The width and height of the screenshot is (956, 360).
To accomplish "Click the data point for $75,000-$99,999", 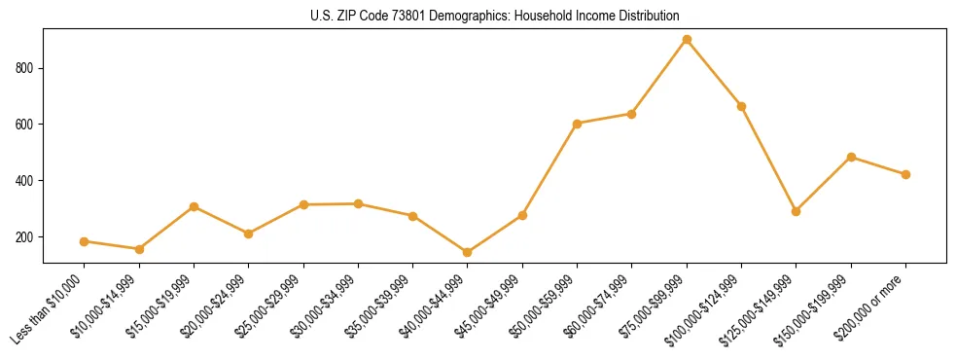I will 687,40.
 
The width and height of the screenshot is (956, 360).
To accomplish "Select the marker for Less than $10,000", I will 85,241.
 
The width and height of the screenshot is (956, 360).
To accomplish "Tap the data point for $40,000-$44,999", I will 468,253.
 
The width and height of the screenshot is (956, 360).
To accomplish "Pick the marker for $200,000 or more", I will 906,175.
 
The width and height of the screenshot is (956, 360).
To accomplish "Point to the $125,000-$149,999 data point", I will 797,211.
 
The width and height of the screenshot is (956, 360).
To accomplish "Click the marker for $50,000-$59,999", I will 578,124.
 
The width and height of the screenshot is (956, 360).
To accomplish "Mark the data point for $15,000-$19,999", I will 195,206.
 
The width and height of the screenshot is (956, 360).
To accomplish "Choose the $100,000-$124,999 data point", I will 742,106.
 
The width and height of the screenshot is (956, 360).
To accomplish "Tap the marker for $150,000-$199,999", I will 852,157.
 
